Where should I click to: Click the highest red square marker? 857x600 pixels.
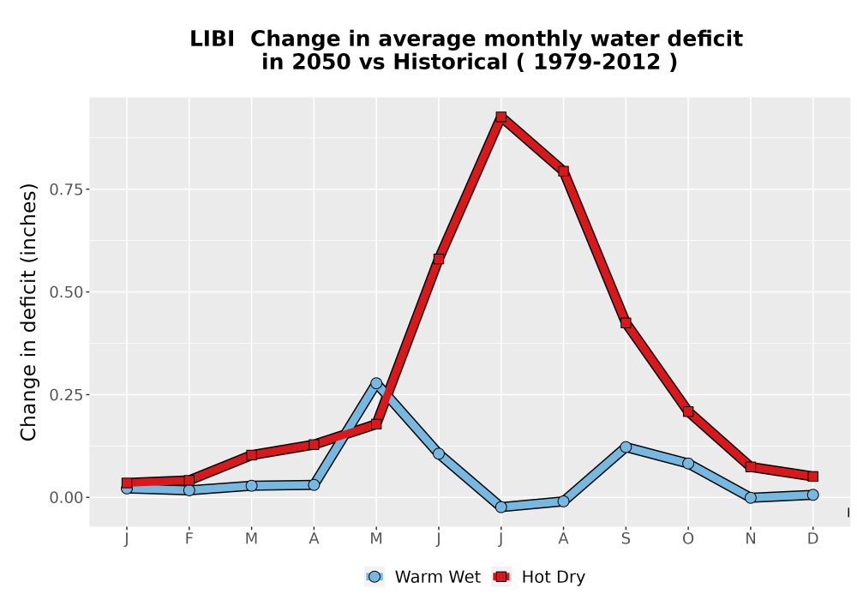(x=501, y=117)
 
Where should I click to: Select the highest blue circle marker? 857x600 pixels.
(x=376, y=384)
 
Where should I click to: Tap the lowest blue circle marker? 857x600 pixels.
(x=501, y=507)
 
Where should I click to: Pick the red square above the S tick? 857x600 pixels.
(x=626, y=323)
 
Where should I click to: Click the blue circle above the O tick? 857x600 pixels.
(x=688, y=464)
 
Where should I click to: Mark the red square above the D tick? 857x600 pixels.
(x=812, y=477)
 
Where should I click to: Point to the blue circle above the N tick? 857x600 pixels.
(x=751, y=498)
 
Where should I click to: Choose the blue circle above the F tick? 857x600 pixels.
(x=189, y=490)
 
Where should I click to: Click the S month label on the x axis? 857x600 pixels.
(x=626, y=539)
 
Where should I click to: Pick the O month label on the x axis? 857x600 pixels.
(x=688, y=539)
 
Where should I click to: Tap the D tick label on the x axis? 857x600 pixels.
(x=812, y=539)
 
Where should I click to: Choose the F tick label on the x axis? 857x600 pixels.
(x=189, y=539)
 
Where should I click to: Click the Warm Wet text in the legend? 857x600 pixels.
(x=438, y=577)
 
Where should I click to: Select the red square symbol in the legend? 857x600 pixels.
(x=501, y=577)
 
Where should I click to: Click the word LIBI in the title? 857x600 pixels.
(x=212, y=39)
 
